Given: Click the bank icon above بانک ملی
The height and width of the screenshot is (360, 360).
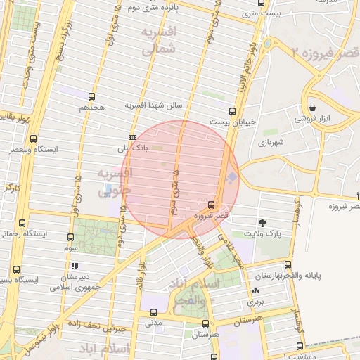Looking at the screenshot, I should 132,137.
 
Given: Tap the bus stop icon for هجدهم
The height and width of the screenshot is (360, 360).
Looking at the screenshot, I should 91,96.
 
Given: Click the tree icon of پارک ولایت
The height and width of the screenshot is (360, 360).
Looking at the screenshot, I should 263,221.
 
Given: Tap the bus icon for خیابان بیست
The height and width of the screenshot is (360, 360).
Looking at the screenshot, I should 232,110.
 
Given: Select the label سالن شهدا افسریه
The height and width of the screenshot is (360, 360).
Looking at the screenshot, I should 153,105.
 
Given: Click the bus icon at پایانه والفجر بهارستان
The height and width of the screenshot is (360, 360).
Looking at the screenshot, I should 288,265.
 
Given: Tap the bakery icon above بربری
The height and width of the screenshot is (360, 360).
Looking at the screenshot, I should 255,290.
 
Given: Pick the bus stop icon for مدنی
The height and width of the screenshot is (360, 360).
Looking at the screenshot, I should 153,313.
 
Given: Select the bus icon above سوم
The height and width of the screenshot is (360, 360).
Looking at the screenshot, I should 70,238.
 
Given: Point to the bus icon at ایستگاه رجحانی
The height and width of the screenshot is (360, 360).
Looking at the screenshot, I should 22,222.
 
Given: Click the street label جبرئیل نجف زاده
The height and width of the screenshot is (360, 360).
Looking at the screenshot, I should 102,328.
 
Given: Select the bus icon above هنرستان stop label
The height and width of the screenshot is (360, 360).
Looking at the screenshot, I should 205,323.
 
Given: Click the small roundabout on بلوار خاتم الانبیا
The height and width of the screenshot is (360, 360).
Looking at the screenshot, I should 267,44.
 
